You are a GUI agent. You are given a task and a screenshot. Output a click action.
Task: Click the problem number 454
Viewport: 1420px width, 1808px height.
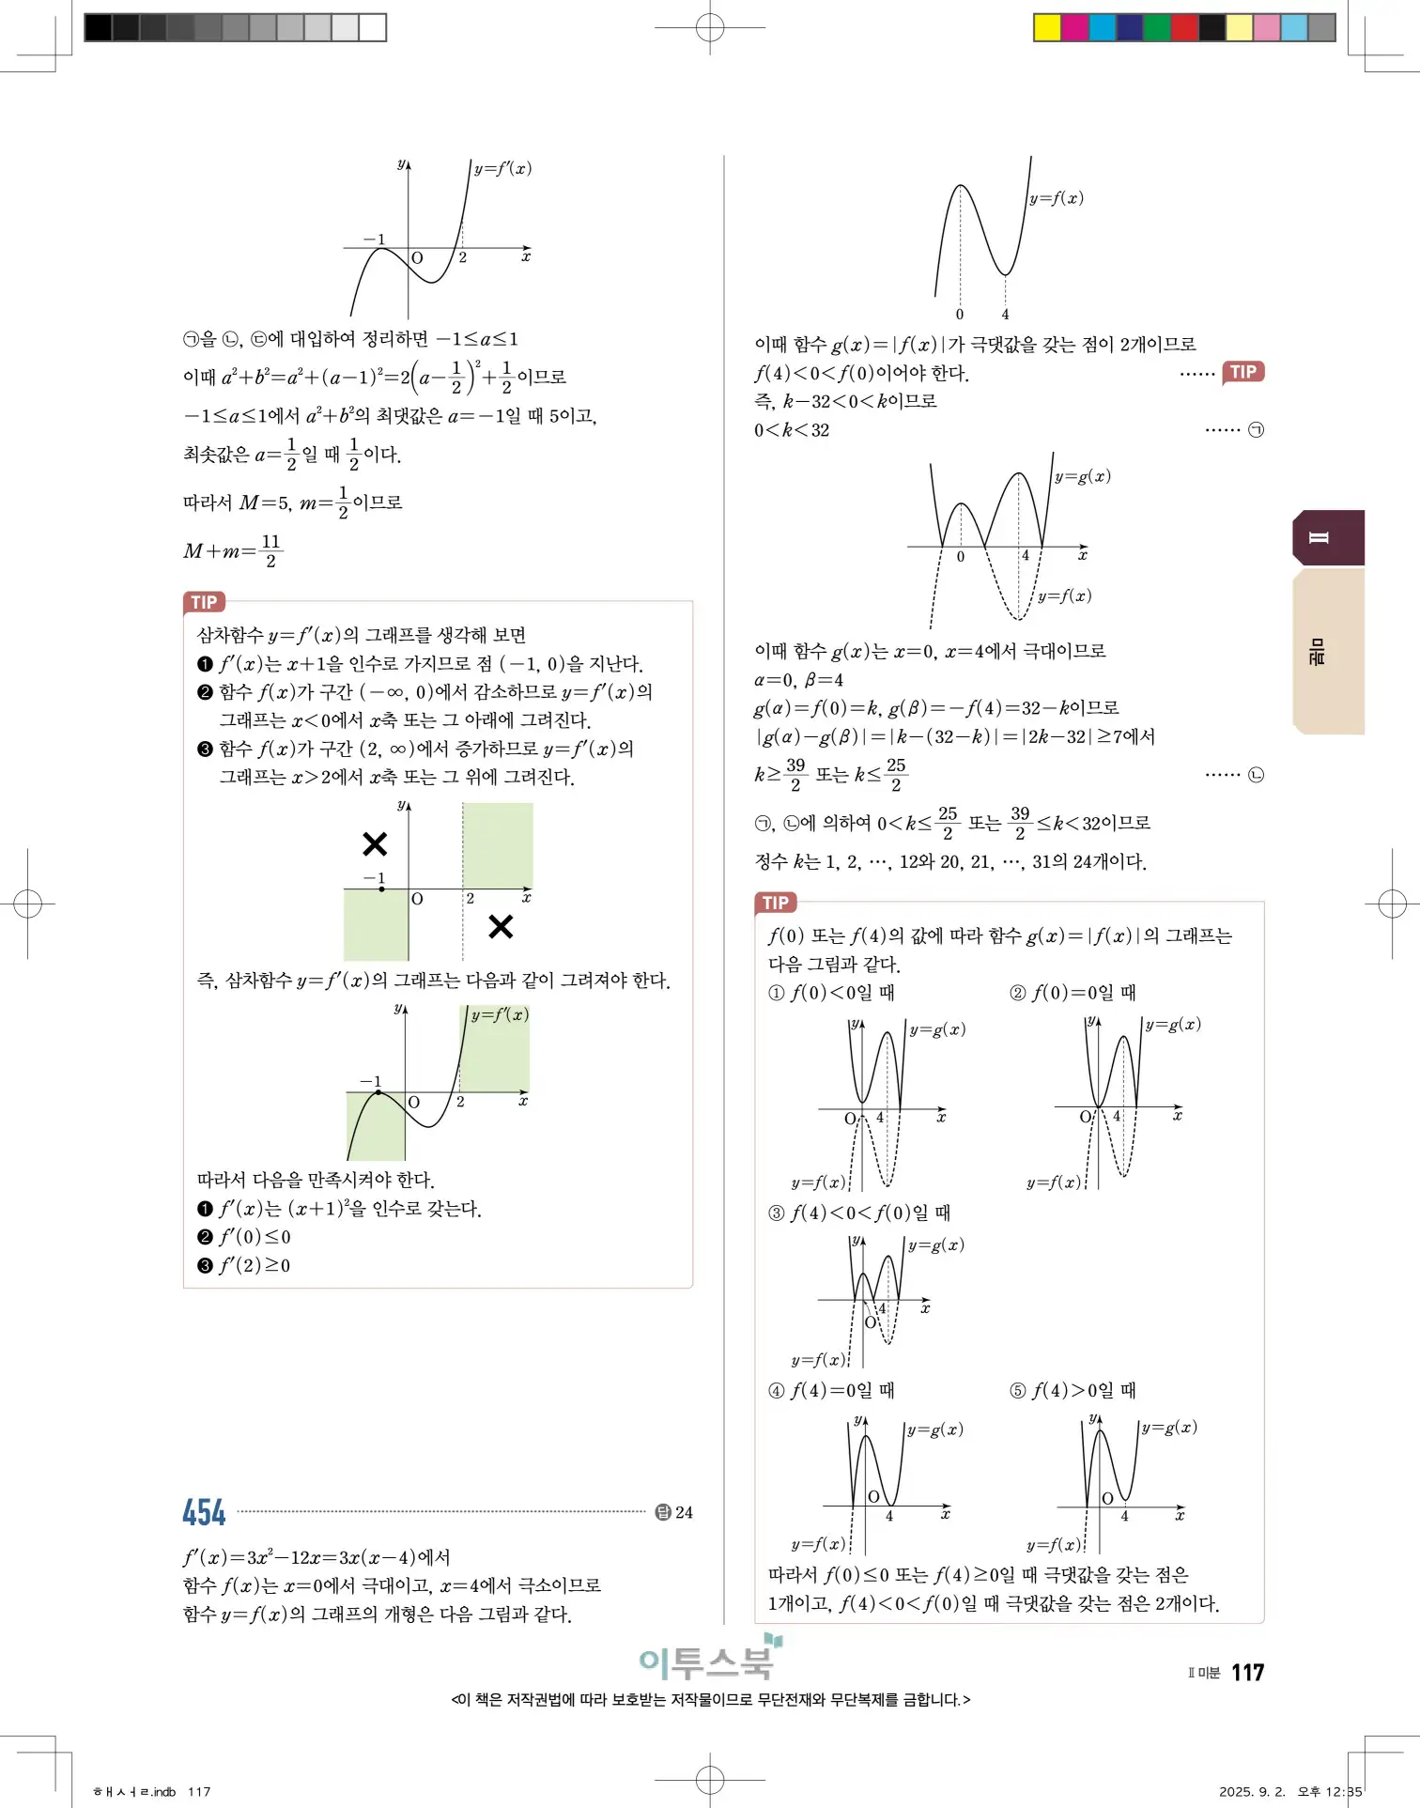(x=204, y=1511)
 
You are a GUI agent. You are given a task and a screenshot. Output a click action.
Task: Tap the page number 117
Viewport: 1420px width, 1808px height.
(x=1247, y=1672)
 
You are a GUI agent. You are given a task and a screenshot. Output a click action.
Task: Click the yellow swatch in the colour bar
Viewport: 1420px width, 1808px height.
(x=1047, y=27)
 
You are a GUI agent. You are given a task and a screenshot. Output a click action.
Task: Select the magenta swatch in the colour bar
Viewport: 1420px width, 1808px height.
(x=1074, y=27)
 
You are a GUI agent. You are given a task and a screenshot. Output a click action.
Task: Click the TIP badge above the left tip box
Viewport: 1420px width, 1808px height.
(x=204, y=602)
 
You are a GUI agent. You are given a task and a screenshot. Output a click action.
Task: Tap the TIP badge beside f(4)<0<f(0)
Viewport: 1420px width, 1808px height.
(x=1242, y=372)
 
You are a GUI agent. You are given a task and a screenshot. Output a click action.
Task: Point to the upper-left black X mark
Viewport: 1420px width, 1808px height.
(x=375, y=843)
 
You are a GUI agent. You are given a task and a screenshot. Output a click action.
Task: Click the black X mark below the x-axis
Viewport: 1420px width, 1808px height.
(x=501, y=927)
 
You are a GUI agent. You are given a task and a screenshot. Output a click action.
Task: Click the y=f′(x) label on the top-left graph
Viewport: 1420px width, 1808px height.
(x=502, y=169)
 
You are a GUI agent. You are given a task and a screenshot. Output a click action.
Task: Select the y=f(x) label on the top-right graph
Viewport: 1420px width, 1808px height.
(x=1056, y=198)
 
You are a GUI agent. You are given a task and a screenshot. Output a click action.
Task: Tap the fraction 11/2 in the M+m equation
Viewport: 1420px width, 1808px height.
(x=270, y=550)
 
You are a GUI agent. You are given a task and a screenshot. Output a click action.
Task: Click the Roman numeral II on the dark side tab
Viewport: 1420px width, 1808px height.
(x=1319, y=537)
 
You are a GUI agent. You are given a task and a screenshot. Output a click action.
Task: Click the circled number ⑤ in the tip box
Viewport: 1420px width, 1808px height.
(x=1017, y=1390)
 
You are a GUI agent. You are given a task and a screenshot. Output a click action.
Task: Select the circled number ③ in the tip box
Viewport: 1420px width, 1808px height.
(x=776, y=1213)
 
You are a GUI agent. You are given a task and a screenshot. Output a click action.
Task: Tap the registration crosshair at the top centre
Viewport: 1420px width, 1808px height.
(x=710, y=28)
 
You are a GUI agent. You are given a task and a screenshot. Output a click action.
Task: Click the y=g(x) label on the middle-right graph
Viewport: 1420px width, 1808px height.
(x=1082, y=476)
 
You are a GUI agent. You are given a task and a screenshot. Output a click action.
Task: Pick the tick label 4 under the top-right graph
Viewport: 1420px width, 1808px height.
(x=1005, y=314)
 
